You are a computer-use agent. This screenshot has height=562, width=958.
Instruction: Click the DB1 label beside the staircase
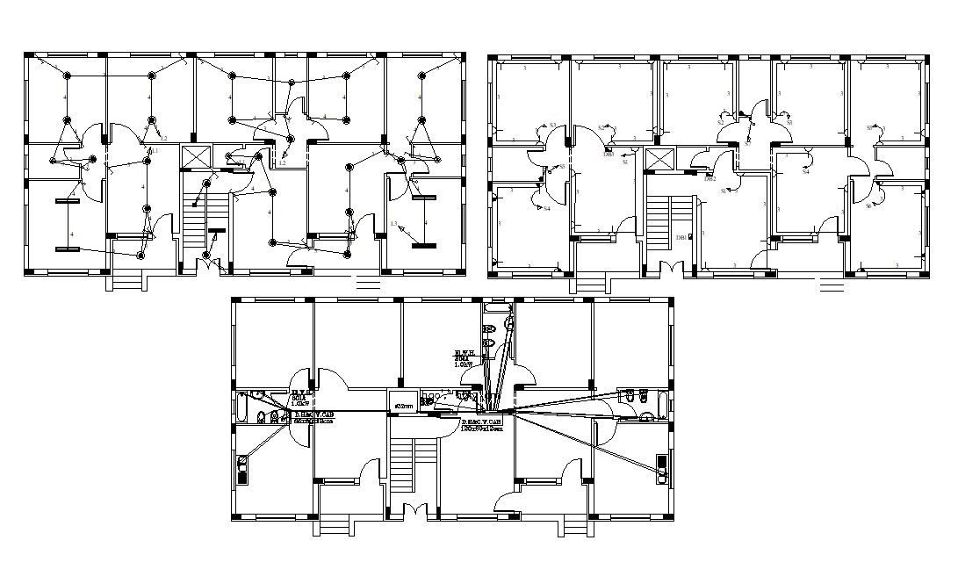(x=681, y=237)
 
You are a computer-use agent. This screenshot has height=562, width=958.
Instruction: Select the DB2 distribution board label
(x=710, y=179)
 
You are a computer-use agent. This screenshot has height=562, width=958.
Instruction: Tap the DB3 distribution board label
(x=609, y=155)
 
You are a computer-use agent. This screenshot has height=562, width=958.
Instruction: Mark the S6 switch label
(x=868, y=205)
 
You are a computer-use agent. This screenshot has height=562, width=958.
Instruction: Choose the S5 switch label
(x=561, y=167)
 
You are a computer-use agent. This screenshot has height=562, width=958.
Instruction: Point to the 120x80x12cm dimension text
(x=482, y=429)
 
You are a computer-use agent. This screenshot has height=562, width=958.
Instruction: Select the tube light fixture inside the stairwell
(x=214, y=240)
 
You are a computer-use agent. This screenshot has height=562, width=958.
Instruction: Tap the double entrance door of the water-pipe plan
(x=413, y=512)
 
